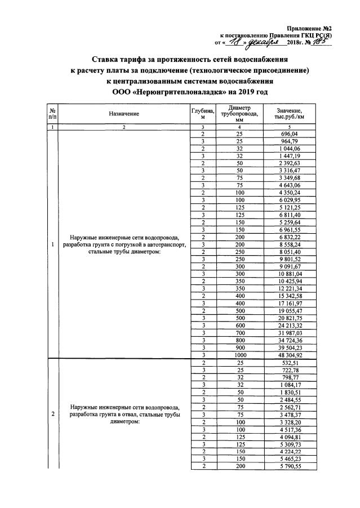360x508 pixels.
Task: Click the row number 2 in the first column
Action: (52, 415)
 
